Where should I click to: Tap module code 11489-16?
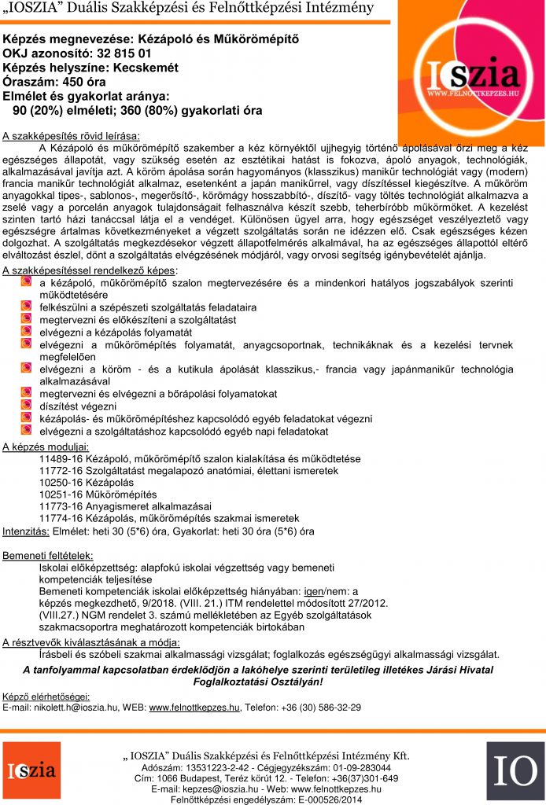tap(63, 458)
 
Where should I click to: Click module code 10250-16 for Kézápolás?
tap(63, 482)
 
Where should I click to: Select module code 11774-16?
tap(63, 518)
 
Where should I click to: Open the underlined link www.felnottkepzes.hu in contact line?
tap(194, 707)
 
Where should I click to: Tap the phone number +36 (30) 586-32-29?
tap(319, 707)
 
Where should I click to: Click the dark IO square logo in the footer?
tap(515, 771)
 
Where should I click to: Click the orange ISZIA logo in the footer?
tap(31, 771)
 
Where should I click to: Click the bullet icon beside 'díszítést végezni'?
tap(27, 406)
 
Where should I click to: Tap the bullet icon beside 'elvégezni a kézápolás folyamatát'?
tap(27, 333)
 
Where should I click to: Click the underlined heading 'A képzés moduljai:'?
tap(45, 447)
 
